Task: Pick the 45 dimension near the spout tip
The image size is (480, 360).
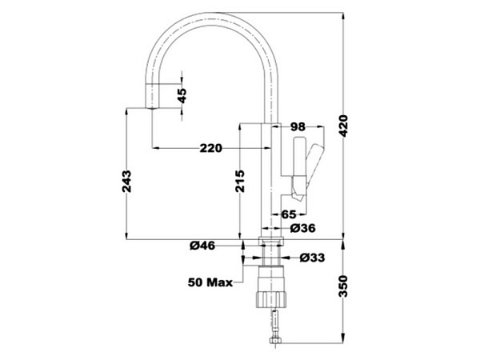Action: point(182,94)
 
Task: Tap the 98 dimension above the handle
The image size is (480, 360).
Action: point(298,127)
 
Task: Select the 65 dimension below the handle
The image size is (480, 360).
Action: point(289,214)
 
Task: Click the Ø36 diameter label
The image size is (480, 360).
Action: point(302,228)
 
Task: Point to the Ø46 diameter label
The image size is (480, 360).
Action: point(202,246)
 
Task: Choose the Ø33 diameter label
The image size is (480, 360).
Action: point(311,258)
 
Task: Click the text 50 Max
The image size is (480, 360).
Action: point(210,282)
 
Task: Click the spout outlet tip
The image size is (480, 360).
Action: point(152,107)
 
